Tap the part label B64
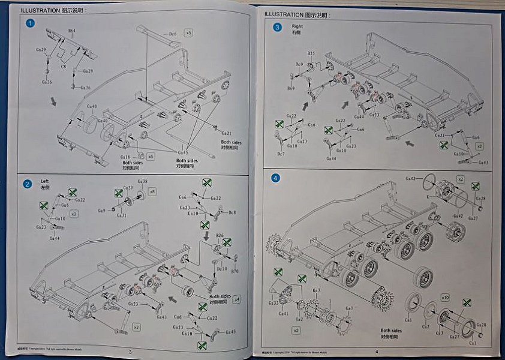coord(71,30)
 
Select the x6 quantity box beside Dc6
coord(188,33)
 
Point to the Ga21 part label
coord(226,133)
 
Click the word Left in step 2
coord(45,181)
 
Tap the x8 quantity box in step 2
coord(153,191)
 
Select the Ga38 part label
coord(142,181)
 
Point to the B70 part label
coord(235,271)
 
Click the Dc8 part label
coord(232,212)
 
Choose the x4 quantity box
coord(236,298)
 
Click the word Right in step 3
coord(297,26)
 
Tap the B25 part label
coord(311,53)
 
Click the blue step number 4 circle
coord(275,178)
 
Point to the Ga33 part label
coord(273,303)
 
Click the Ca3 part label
coord(439,333)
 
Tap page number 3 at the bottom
coord(130,352)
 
